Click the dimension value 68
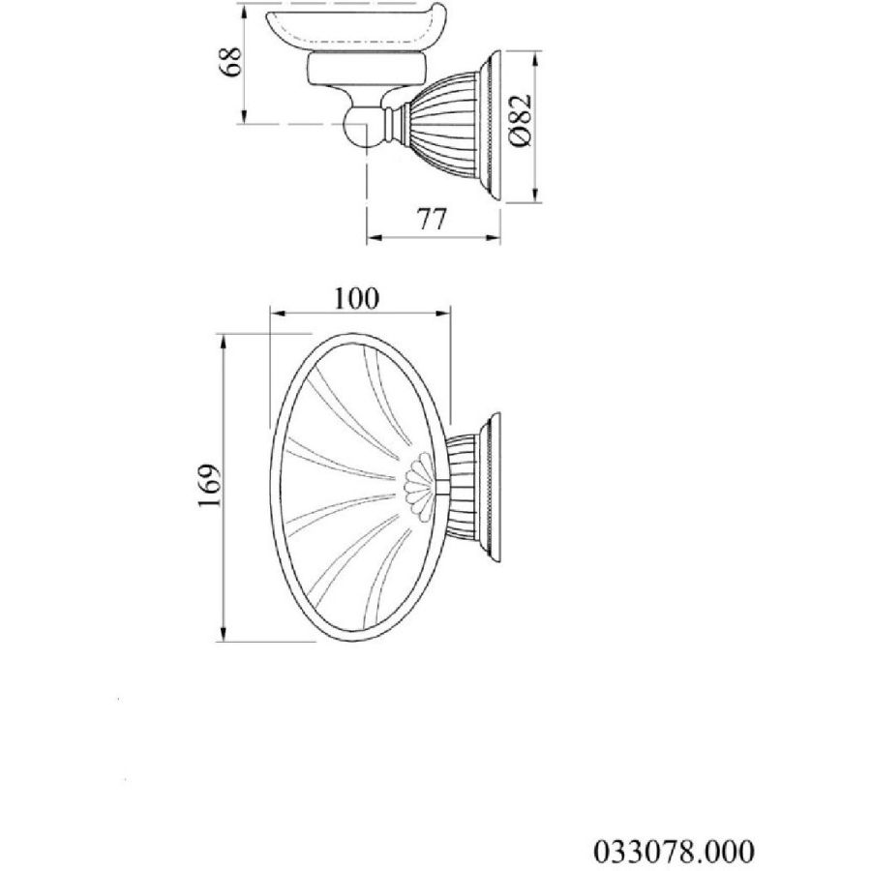coord(230,61)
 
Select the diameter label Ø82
coord(520,122)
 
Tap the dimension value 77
coord(432,219)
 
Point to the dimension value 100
coord(356,299)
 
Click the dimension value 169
coord(210,485)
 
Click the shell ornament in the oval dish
coord(418,486)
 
